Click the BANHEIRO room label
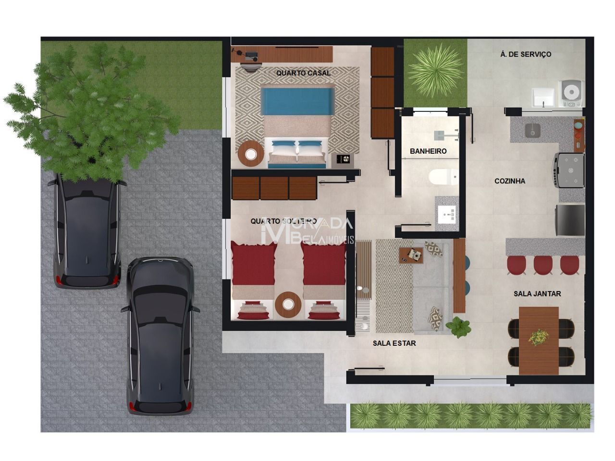pos(428,151)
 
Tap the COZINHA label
pos(510,181)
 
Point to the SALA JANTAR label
pos(537,293)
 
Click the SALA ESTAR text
pos(394,343)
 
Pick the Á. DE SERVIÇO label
pos(526,54)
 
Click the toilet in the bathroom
pos(443,177)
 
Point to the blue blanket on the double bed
pos(298,101)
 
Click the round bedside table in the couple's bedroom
pos(251,154)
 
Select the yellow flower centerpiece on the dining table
pos(538,337)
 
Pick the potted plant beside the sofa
pos(459,328)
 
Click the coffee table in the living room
pos(411,255)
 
